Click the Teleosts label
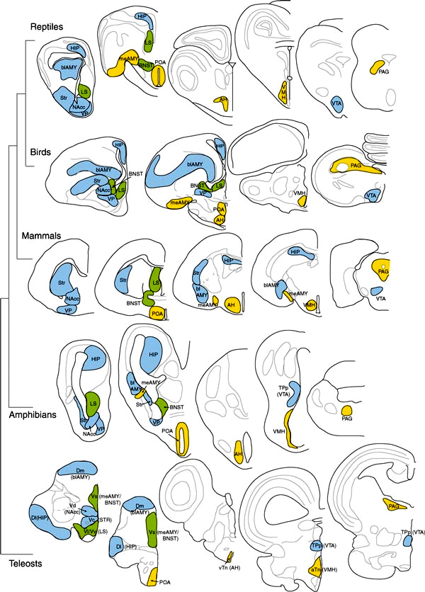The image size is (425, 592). coord(30,564)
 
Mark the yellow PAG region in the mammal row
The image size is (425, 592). coord(382,272)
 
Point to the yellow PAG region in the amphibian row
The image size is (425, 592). coord(347,411)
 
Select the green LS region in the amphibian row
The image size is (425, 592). coord(92,405)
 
